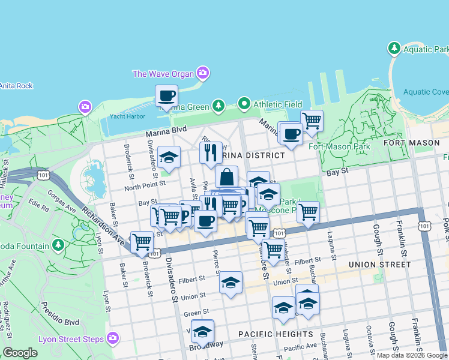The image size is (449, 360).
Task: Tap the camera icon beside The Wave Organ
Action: [203, 73]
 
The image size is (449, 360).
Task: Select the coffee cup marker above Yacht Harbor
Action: [166, 96]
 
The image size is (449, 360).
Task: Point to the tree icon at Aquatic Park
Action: [394, 47]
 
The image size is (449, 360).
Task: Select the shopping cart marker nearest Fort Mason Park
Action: [312, 121]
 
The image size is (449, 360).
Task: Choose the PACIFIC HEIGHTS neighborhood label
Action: [275, 334]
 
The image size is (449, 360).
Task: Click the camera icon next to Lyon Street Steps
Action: [112, 339]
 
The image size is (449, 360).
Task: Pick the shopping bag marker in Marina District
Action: [227, 177]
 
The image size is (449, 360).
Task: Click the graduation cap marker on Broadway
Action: [203, 331]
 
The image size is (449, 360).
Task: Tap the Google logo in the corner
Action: [20, 353]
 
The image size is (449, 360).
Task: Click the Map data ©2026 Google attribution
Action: [411, 355]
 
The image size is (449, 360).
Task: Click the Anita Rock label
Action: [16, 86]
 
